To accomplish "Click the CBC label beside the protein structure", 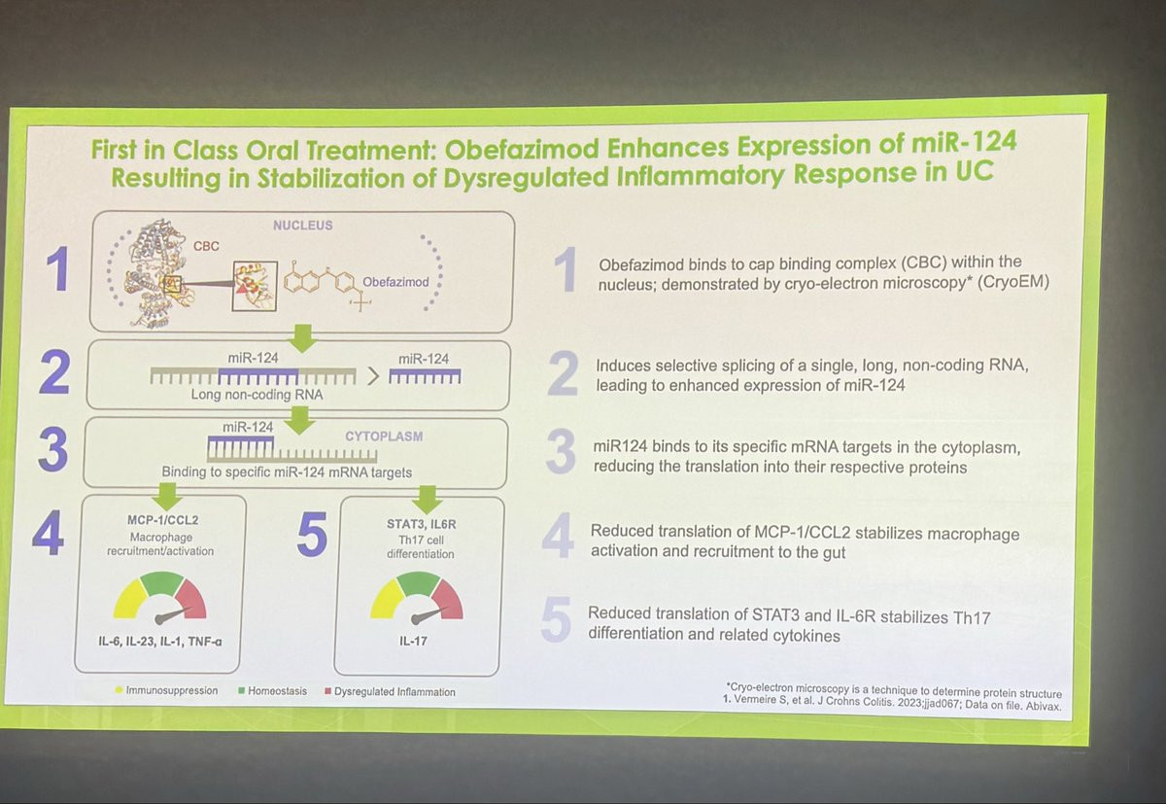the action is point(206,246).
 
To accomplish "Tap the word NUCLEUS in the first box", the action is point(302,225).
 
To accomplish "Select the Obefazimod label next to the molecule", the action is point(395,282).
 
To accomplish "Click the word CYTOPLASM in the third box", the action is point(384,436).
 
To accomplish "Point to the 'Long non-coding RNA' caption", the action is point(257,395).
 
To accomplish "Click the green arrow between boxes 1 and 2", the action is point(302,338).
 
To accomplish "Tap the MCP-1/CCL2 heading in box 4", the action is point(162,520).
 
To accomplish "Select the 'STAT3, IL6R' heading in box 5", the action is point(421,524).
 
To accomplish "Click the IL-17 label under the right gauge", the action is point(413,641).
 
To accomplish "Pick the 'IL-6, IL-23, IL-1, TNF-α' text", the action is point(159,642).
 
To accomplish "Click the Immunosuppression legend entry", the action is point(166,690).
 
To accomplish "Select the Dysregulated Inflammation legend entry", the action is point(390,692).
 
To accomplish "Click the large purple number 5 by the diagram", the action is point(312,534).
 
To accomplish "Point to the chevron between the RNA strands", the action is point(373,376).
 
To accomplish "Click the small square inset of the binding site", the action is point(255,287).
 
